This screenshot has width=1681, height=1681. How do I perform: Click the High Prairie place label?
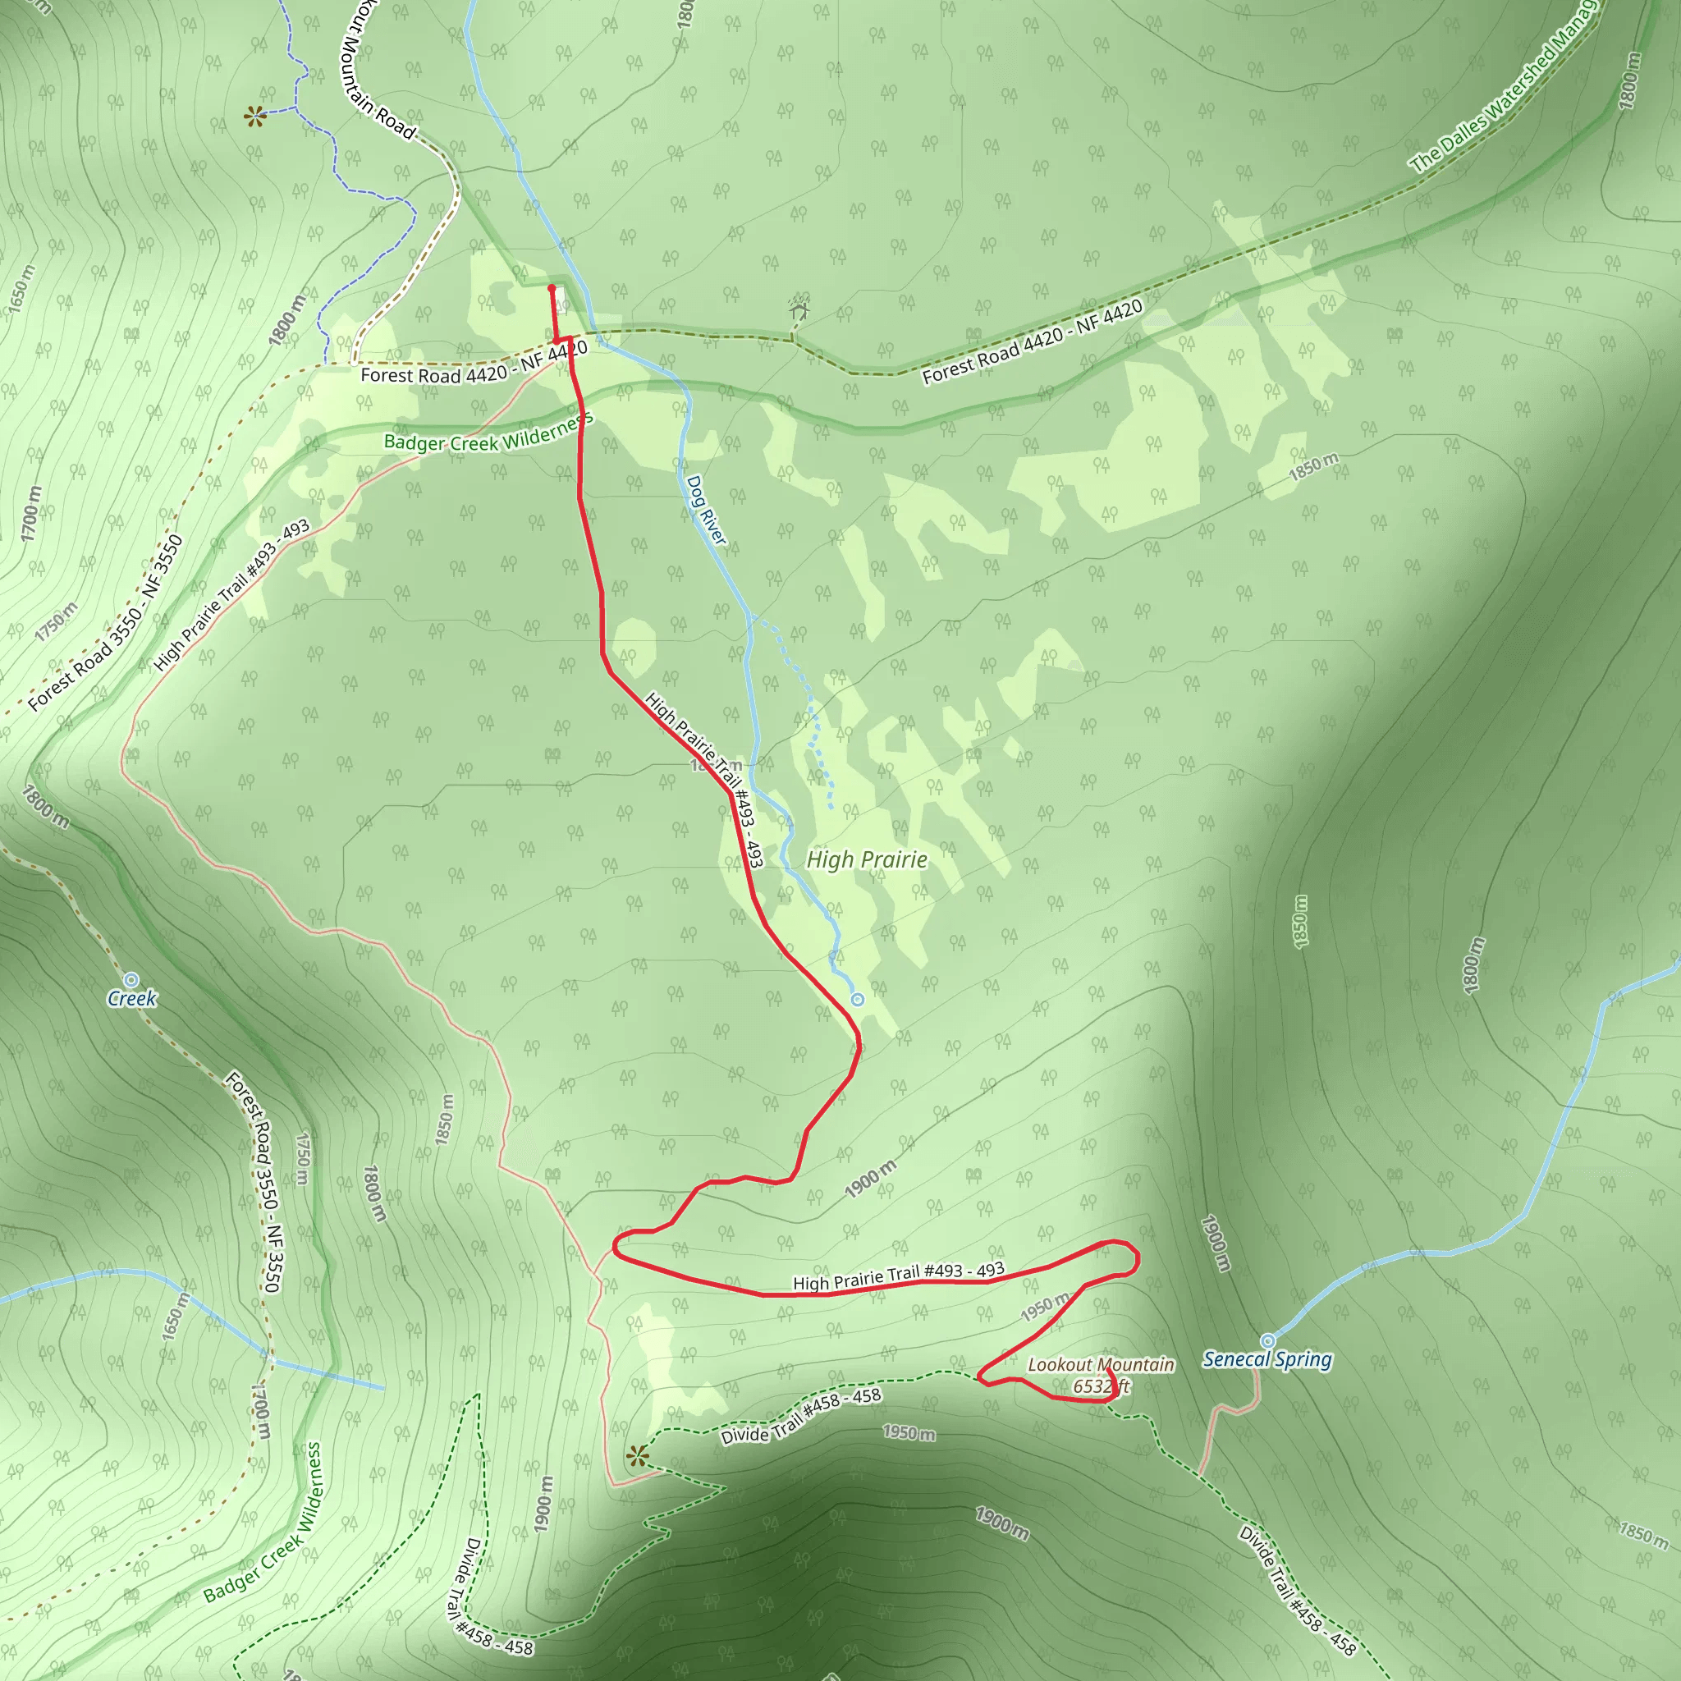click(867, 859)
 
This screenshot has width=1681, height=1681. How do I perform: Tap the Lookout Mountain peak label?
click(1101, 1364)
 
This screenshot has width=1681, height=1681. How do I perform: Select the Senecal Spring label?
click(1266, 1359)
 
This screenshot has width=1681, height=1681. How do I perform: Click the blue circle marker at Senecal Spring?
click(1267, 1341)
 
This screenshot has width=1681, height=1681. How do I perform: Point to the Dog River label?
click(706, 510)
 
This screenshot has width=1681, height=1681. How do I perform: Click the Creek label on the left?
click(131, 998)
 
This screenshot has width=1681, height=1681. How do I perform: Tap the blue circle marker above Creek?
click(131, 980)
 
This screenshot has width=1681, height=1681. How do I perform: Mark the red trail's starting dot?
click(552, 288)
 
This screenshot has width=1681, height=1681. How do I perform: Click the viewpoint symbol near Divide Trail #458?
click(638, 1455)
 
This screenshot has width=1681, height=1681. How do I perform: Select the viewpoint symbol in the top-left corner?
click(254, 116)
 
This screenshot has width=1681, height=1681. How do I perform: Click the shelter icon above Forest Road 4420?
click(799, 309)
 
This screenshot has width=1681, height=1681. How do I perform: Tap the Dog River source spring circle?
click(857, 1000)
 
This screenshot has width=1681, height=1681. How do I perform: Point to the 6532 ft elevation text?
click(1101, 1386)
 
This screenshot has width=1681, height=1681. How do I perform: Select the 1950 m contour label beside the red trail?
click(1045, 1307)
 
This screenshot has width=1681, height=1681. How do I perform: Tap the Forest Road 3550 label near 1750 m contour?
click(106, 623)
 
